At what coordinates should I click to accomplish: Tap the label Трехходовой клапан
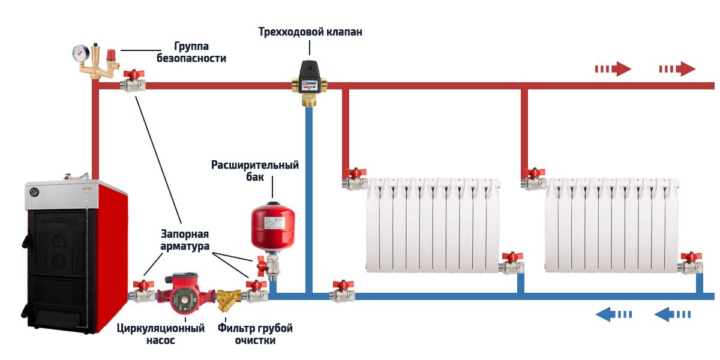click(310, 32)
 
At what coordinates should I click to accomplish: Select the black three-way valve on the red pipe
click(310, 77)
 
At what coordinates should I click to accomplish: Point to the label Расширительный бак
click(255, 170)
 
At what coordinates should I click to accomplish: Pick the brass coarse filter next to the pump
click(229, 297)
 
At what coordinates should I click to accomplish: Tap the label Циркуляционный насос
click(161, 334)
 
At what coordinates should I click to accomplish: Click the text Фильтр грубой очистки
click(255, 334)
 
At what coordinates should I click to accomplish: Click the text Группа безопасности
click(191, 52)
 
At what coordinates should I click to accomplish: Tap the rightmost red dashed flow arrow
click(677, 69)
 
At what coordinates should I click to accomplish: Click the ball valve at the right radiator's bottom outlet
click(690, 264)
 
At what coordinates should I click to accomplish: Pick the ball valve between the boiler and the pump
click(142, 292)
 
